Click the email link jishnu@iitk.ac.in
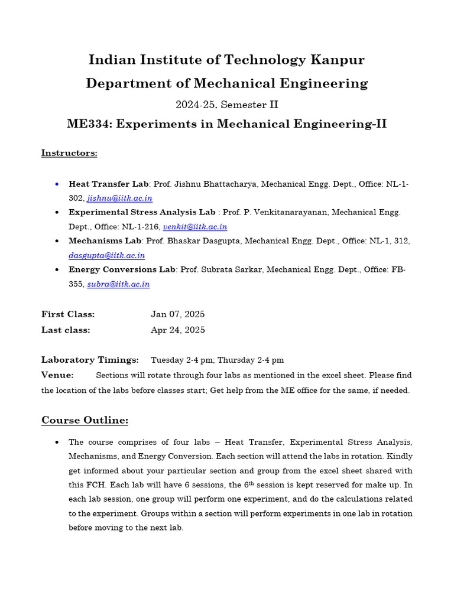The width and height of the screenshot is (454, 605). click(120, 199)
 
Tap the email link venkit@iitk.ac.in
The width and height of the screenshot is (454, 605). click(195, 227)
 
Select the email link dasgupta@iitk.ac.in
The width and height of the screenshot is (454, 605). click(106, 255)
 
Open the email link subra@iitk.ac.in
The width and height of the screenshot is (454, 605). click(118, 284)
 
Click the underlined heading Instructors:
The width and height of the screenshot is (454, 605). click(69, 153)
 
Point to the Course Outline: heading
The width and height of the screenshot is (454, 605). click(85, 420)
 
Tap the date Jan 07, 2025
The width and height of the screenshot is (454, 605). click(178, 314)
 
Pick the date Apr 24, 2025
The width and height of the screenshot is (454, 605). click(178, 330)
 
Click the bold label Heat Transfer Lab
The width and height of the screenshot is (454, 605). click(109, 184)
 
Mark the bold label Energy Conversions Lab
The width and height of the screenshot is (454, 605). click(122, 269)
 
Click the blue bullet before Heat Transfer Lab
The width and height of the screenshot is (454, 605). click(56, 184)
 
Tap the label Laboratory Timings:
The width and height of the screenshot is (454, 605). click(90, 360)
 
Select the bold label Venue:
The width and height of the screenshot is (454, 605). click(57, 375)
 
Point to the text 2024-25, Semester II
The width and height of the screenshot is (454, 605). click(227, 105)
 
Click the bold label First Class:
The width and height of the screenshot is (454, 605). click(68, 314)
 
